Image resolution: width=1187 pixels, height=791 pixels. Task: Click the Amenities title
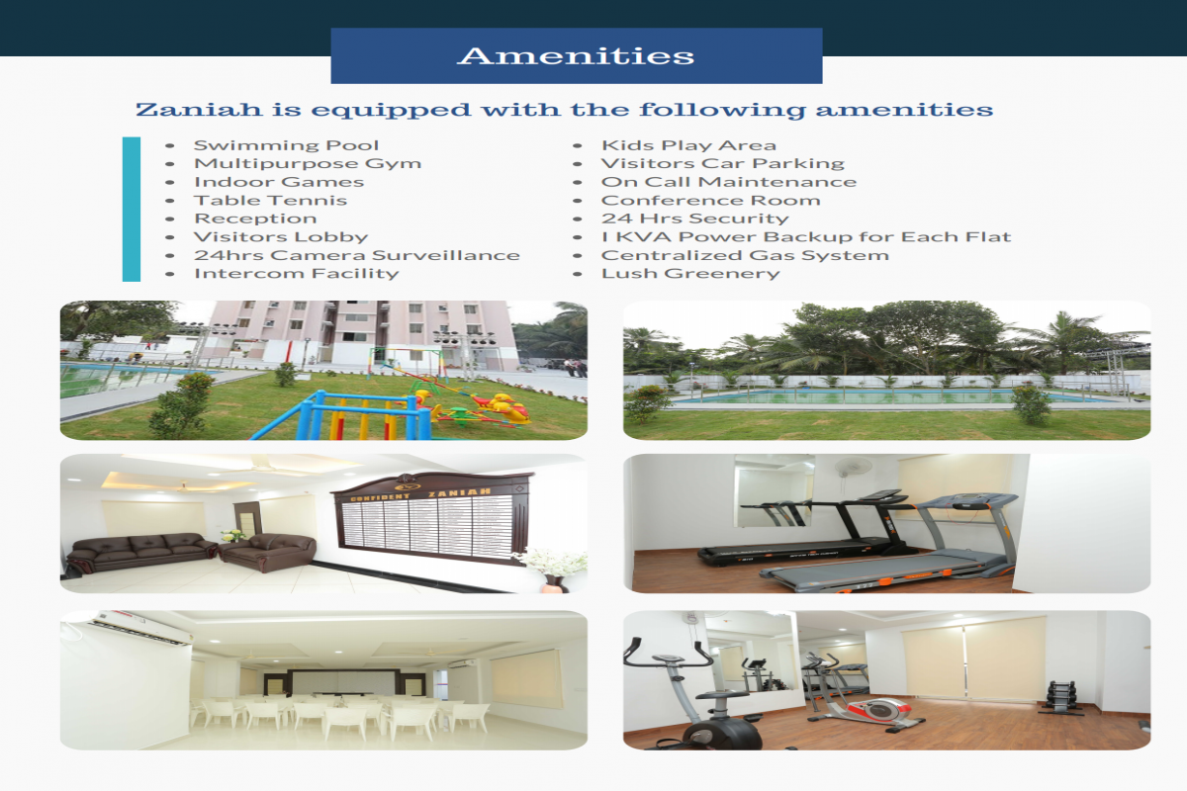click(576, 56)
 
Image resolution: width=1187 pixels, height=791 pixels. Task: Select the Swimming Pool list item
click(286, 145)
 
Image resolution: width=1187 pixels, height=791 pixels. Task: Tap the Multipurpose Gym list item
click(308, 164)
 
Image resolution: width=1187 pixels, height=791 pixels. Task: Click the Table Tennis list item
click(270, 201)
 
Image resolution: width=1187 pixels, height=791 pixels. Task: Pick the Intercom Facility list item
click(296, 273)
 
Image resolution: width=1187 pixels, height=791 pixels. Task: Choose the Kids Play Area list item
click(688, 145)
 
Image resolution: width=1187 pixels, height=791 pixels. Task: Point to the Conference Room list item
click(710, 201)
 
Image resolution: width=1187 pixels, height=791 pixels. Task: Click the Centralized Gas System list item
click(745, 255)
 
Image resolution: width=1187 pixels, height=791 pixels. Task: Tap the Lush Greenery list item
click(690, 273)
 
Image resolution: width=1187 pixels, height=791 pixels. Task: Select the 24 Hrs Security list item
click(694, 219)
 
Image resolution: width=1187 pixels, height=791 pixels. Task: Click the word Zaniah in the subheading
click(199, 110)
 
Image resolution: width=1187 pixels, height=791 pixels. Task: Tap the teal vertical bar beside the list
click(132, 210)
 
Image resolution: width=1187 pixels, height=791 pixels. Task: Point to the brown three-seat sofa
click(142, 553)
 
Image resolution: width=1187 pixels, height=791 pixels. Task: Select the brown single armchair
click(268, 552)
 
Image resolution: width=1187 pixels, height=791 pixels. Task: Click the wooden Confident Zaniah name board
click(432, 517)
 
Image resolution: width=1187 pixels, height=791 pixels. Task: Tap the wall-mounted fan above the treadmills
click(853, 469)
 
